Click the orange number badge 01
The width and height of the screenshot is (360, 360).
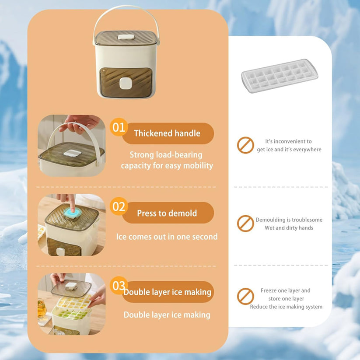coord(119,127)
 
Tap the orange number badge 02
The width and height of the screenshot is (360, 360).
coord(119,206)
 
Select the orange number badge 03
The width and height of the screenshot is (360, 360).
coord(119,286)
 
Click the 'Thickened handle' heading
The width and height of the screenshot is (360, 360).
coord(167,133)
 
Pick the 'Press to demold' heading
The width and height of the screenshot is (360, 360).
coord(167,213)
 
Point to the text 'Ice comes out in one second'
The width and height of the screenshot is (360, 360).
coord(167,237)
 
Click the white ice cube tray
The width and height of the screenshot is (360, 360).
coord(280,76)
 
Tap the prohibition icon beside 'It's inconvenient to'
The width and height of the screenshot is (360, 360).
coord(245,145)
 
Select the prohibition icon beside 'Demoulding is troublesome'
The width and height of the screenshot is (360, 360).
coord(245,224)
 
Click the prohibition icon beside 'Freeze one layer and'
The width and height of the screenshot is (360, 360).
coord(245,296)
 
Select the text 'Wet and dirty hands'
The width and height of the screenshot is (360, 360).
coord(289,228)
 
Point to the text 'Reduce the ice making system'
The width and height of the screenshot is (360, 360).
coord(286,307)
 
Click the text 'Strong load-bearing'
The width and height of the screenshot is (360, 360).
coord(166,154)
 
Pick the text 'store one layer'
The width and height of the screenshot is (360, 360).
coord(286,299)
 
